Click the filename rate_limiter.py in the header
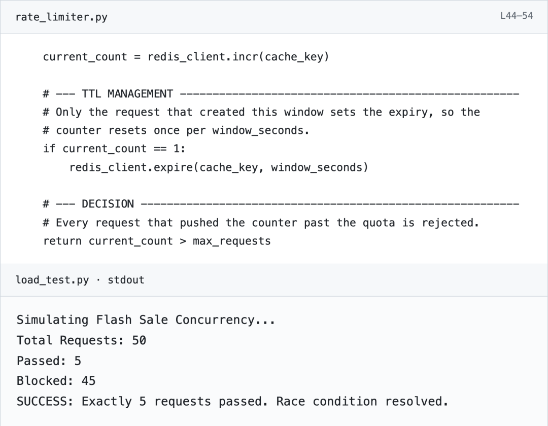[61, 17]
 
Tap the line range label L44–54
[517, 16]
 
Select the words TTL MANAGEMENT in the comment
[127, 94]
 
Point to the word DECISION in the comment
[108, 204]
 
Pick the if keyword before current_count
[49, 149]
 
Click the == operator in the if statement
[160, 149]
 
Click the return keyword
[62, 241]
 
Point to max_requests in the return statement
[232, 241]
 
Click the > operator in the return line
[183, 241]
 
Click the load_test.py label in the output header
[52, 280]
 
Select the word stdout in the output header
[126, 280]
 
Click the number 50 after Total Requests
[139, 340]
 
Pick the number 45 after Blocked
[88, 381]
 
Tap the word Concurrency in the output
[225, 320]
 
